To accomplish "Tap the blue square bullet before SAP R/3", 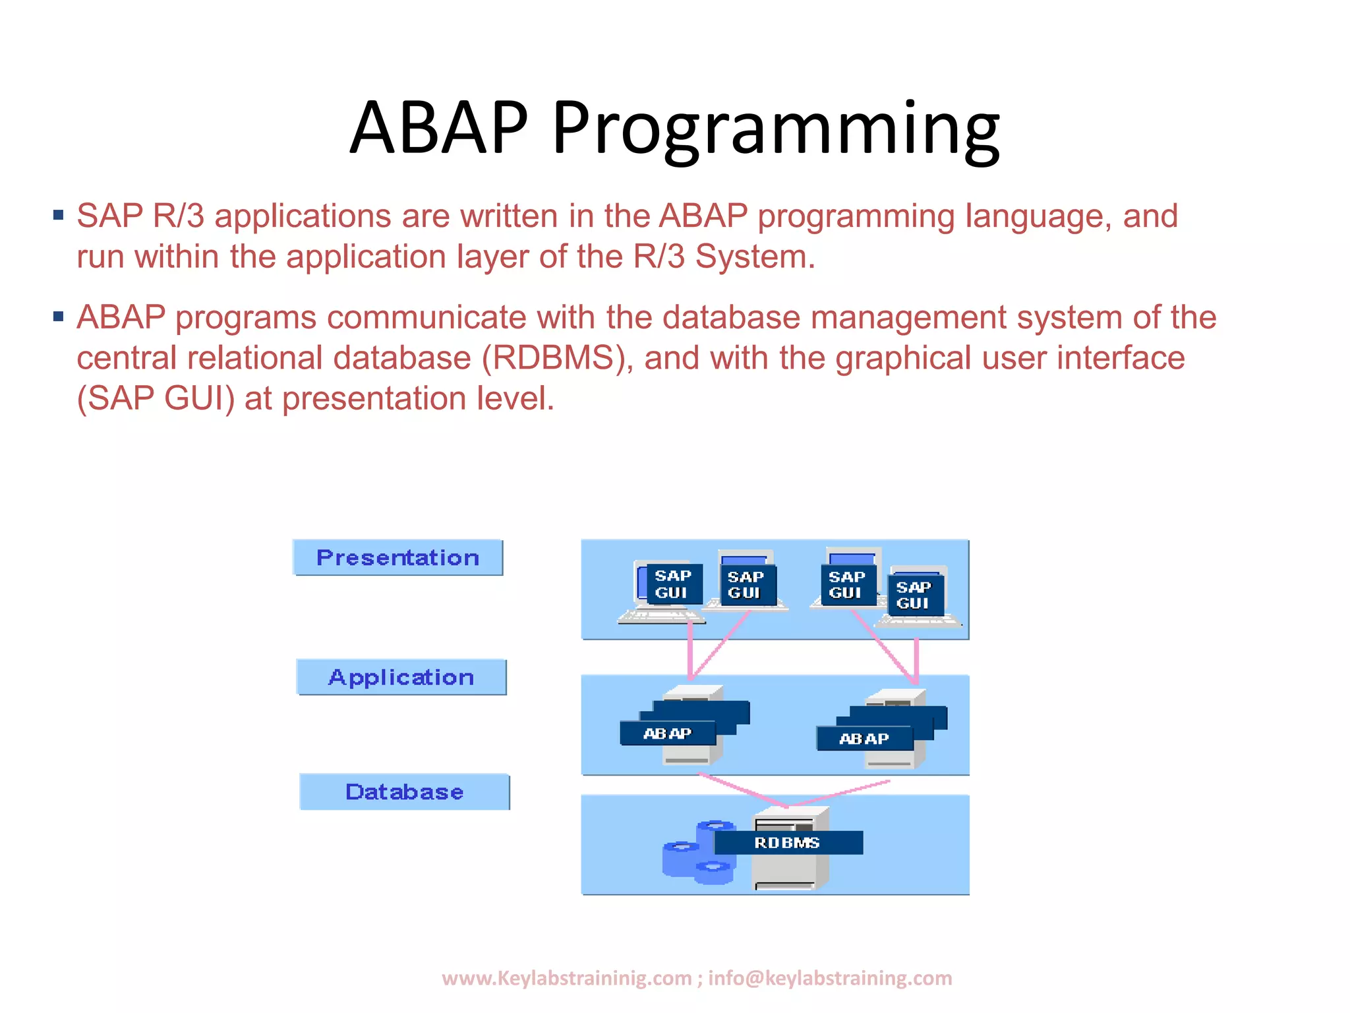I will click(x=59, y=215).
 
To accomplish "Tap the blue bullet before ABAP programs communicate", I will click(x=59, y=317).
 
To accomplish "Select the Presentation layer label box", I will click(x=397, y=558).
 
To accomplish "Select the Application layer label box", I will click(x=401, y=677).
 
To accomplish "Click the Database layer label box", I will click(x=404, y=792).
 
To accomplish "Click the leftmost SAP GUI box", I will click(x=672, y=584).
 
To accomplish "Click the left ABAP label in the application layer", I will click(x=666, y=733).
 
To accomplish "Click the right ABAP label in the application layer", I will click(x=864, y=739).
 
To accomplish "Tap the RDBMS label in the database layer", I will click(x=787, y=843).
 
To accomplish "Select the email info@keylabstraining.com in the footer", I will click(x=830, y=978).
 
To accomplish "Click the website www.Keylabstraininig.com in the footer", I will click(x=566, y=978).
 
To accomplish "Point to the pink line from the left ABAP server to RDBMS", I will click(x=742, y=790).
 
